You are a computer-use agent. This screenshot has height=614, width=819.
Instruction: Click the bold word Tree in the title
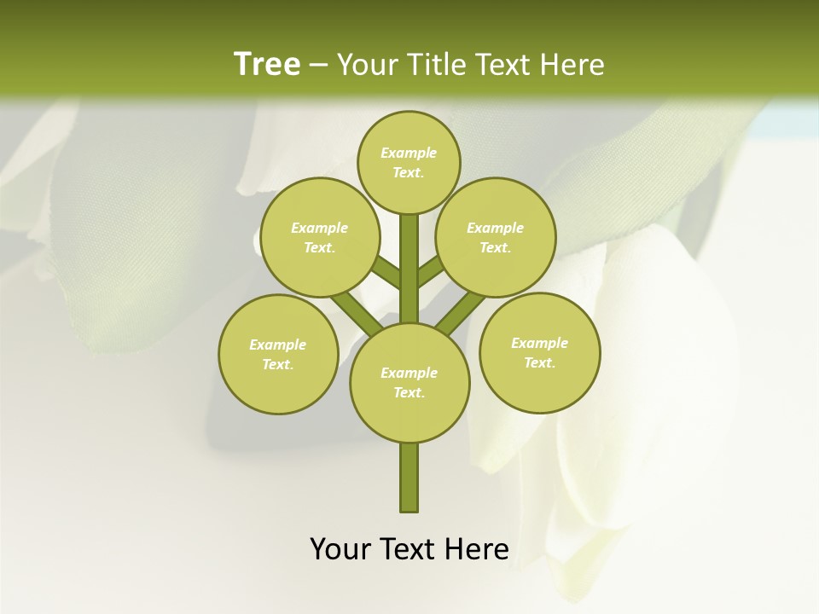click(267, 64)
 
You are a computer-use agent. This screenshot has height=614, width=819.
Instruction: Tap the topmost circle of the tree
click(409, 162)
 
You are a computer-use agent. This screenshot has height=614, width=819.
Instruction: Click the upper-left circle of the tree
click(319, 237)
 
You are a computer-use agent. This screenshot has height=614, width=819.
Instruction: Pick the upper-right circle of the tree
click(495, 237)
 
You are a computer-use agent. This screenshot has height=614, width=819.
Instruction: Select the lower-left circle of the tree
click(277, 354)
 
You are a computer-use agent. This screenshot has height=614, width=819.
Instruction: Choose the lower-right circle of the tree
click(539, 352)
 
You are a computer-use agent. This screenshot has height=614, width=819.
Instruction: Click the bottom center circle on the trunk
click(409, 382)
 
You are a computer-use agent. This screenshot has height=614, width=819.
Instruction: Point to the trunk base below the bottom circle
click(409, 478)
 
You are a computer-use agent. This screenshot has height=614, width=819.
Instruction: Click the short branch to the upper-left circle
click(386, 272)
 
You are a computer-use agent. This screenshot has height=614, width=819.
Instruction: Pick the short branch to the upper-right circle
click(430, 270)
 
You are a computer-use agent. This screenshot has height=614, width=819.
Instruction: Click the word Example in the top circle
click(408, 153)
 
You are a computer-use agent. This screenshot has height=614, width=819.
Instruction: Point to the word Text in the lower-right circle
click(539, 362)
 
